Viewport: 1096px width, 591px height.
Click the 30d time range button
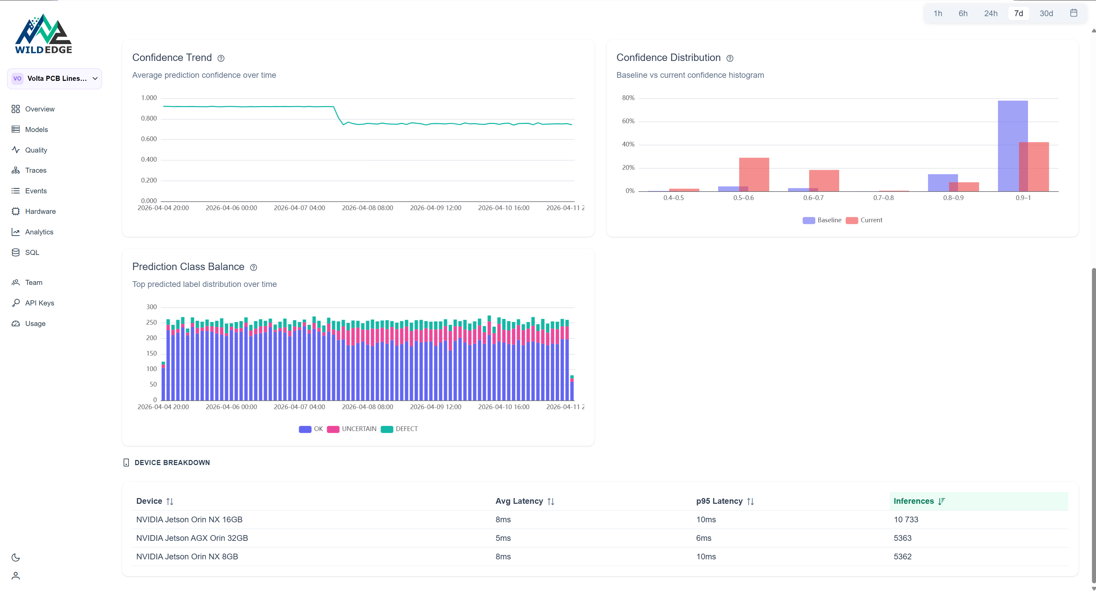(1046, 13)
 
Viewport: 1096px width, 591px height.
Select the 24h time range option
(991, 13)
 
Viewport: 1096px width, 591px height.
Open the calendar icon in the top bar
(1073, 13)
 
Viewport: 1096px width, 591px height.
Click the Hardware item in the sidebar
(40, 211)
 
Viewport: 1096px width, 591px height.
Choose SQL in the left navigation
(32, 253)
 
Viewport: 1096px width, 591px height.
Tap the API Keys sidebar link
(39, 303)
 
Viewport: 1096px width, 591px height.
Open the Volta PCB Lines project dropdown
(55, 78)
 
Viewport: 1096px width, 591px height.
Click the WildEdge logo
(43, 34)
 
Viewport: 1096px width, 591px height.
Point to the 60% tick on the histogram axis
(628, 121)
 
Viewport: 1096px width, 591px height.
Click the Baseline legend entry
(822, 220)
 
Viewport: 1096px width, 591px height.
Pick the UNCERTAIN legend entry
(352, 429)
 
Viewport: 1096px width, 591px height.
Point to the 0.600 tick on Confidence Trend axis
(148, 139)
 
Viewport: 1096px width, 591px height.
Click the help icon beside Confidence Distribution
(730, 58)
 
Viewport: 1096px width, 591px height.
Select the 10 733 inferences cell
(906, 520)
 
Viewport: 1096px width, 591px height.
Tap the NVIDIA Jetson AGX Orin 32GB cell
(192, 538)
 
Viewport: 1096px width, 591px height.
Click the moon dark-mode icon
(16, 557)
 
